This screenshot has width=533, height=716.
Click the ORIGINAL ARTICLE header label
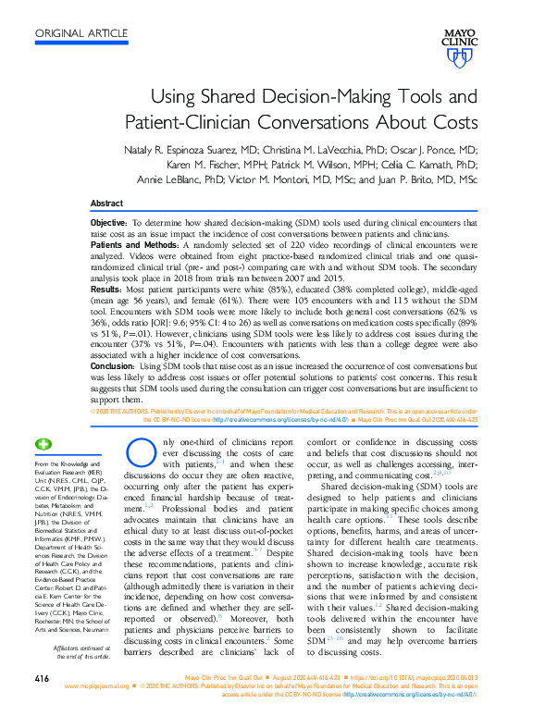[x=81, y=34]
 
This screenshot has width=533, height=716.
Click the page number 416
[x=41, y=680]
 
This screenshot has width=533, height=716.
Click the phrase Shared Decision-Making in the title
[x=288, y=97]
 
